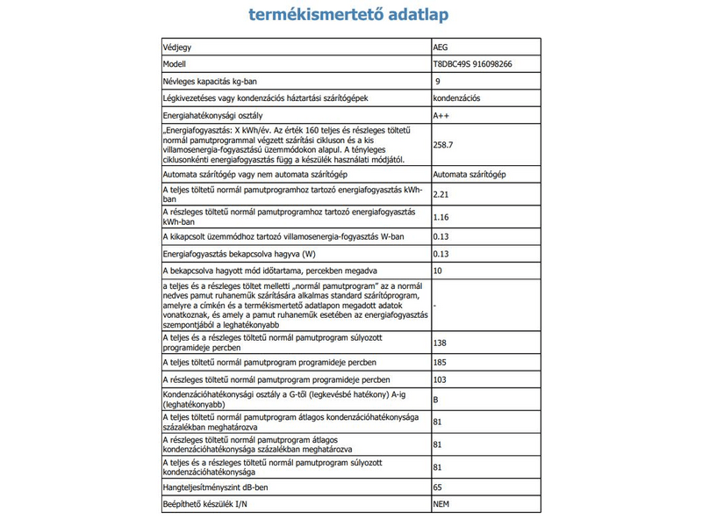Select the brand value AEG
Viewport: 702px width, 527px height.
[x=441, y=47]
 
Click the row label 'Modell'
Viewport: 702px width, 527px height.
[x=175, y=64]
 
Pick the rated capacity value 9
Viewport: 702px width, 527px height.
[x=438, y=82]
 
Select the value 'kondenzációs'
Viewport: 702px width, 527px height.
[x=456, y=98]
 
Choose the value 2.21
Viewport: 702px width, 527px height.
[x=441, y=193]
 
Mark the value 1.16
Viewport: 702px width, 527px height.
[x=441, y=215]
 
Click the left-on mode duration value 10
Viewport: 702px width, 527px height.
[x=438, y=271]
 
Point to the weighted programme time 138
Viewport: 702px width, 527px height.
[x=441, y=342]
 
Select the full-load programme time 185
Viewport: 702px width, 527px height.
[x=441, y=362]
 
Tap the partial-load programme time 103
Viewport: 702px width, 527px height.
[x=441, y=379]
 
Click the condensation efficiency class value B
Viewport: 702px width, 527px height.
[x=436, y=401]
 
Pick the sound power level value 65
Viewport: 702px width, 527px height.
[x=438, y=486]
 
